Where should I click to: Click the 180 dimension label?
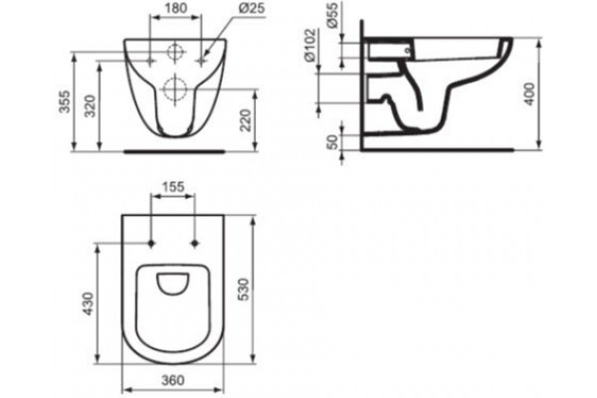[175, 9]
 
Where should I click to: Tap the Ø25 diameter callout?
[253, 9]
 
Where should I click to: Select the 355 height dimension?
[66, 101]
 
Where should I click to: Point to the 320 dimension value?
[91, 106]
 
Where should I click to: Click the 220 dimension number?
[247, 120]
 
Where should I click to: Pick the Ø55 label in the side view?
[332, 16]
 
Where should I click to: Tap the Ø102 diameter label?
[310, 45]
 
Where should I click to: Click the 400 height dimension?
[529, 95]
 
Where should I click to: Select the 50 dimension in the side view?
[332, 141]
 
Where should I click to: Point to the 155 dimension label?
[173, 187]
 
